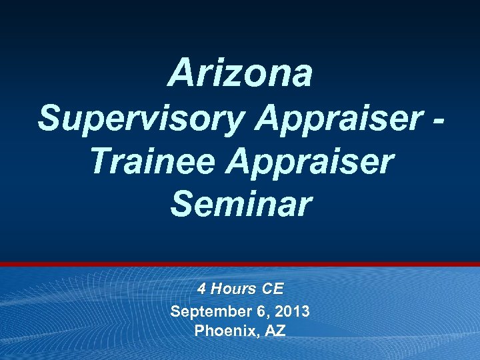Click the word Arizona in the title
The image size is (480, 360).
click(x=240, y=73)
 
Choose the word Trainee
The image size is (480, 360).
click(x=155, y=163)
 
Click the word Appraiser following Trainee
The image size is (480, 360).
click(x=311, y=163)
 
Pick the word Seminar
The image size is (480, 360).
click(x=240, y=205)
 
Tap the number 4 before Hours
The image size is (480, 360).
click(x=201, y=289)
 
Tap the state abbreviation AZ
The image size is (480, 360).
click(x=275, y=330)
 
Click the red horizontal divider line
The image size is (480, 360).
click(x=240, y=265)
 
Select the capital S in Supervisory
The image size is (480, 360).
click(x=49, y=120)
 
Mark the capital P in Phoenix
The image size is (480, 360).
click(x=199, y=330)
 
